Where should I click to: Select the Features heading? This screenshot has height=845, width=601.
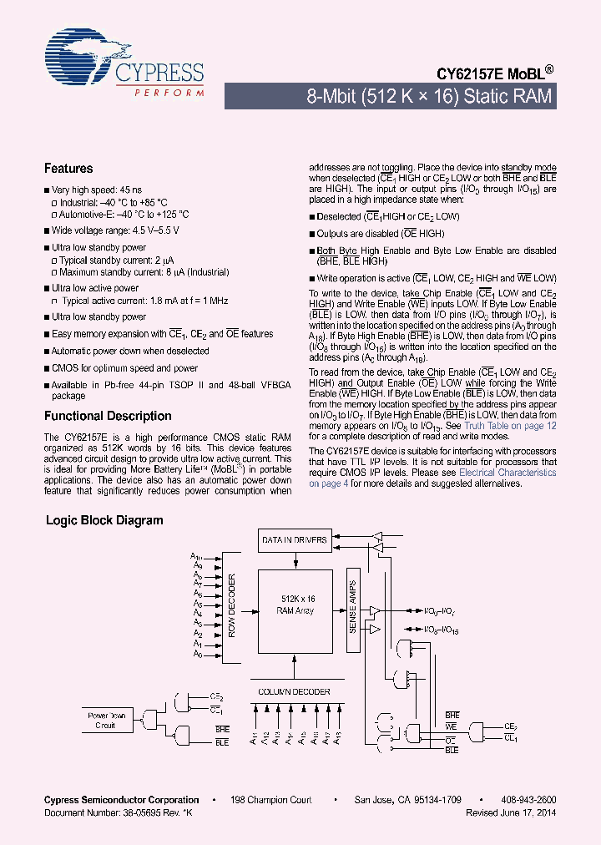click(x=68, y=168)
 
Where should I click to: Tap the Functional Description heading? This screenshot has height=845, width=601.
click(x=108, y=416)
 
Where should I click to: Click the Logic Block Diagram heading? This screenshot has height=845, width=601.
click(x=104, y=520)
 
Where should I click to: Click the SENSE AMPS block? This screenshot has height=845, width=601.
click(x=352, y=605)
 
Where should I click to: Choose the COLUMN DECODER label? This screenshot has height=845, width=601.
click(x=295, y=692)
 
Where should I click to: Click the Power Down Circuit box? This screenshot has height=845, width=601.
click(x=106, y=720)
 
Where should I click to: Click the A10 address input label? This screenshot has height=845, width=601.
click(x=196, y=555)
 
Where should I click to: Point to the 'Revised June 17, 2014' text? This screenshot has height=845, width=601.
click(x=511, y=812)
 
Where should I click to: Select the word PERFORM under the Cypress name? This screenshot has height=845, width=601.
click(x=169, y=92)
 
